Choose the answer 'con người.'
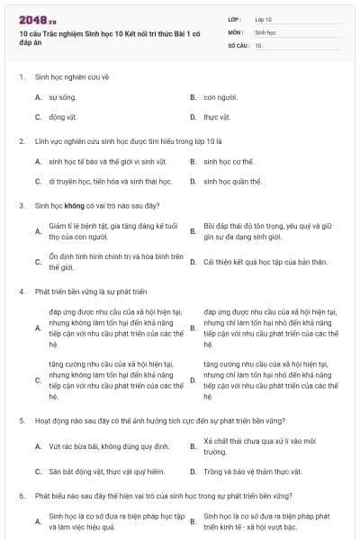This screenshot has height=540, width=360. click(220, 96)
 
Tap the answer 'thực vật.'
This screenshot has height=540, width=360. click(217, 116)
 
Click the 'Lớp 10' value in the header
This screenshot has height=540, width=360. click(263, 19)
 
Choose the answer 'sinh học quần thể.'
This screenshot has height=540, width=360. click(233, 181)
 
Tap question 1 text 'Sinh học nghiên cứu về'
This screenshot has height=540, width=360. click(71, 76)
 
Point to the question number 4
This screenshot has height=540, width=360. click(21, 292)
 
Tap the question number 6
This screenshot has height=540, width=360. click(21, 496)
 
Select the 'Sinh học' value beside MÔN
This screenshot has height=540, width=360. click(265, 31)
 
